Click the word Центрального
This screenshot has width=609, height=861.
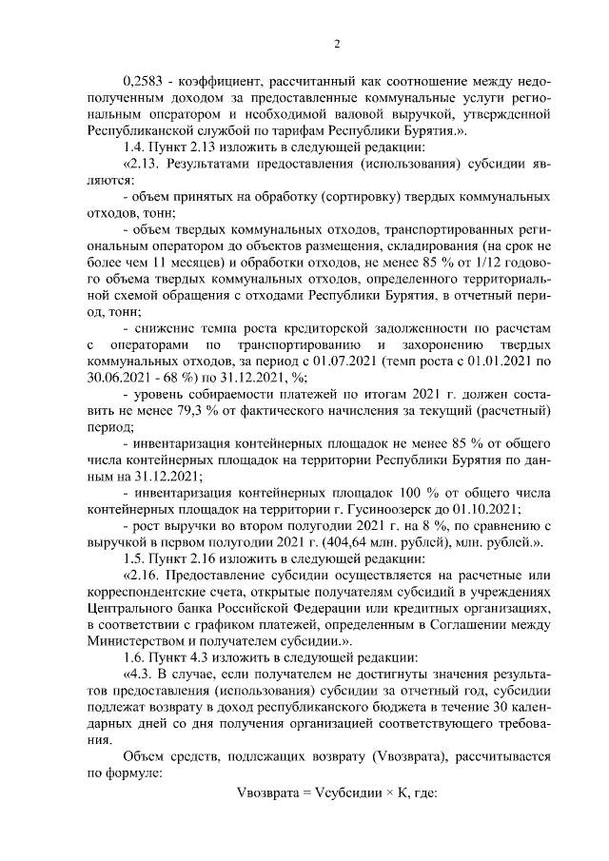[130, 608]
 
